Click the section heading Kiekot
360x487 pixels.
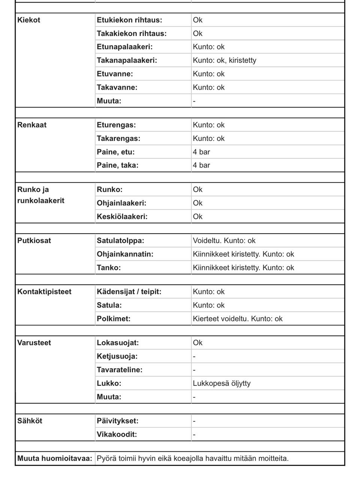[28, 20]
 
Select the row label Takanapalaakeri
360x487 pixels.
[127, 60]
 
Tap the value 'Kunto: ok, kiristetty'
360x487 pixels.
[224, 60]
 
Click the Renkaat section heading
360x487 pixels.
[32, 125]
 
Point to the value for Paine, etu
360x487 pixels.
[201, 152]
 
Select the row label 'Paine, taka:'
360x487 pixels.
[117, 165]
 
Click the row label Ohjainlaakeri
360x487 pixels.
[121, 203]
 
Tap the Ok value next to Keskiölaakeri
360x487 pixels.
[198, 217]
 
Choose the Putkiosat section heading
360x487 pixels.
[34, 241]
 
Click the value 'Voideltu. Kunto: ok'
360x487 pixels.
[224, 241]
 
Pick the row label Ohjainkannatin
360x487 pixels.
[125, 254]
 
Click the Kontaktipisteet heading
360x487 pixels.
[44, 292]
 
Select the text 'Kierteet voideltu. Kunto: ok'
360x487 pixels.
[237, 319]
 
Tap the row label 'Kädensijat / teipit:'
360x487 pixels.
[129, 292]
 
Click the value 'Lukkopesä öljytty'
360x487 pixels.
[222, 384]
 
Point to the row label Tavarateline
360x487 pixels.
[120, 370]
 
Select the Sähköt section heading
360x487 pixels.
[30, 421]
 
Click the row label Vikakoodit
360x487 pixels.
[117, 435]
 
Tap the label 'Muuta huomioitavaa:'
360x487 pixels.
[55, 459]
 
